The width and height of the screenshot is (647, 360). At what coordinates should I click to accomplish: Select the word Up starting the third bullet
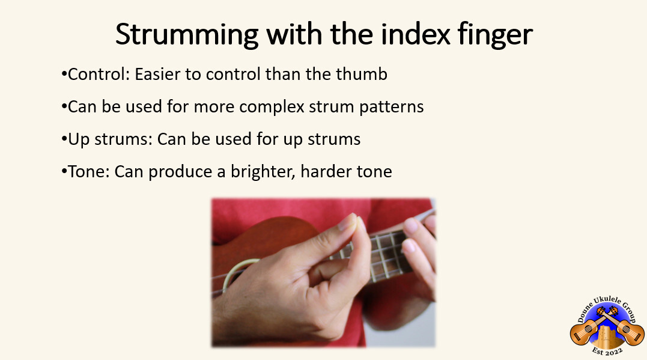coord(76,139)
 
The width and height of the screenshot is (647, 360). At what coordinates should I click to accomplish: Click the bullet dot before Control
coord(64,75)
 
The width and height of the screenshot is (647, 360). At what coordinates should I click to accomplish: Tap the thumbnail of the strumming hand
coord(323,272)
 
